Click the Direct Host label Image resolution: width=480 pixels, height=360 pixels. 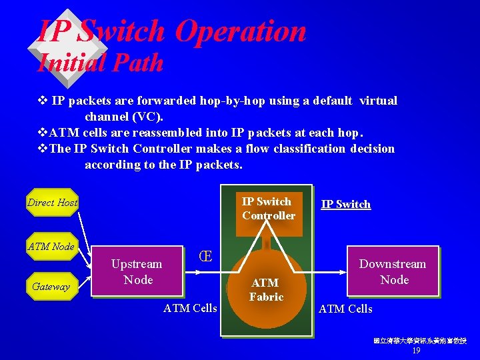point(52,202)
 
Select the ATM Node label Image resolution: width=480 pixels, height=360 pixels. point(51,247)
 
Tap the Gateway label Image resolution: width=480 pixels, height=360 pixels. point(51,286)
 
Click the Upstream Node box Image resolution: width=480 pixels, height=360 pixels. point(137,272)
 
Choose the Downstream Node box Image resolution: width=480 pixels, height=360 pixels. point(393,272)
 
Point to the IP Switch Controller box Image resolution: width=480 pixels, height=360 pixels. point(269,209)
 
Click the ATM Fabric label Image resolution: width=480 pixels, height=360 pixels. point(267,290)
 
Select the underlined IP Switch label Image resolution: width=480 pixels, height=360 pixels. point(346,204)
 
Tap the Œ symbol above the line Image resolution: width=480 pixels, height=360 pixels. point(206,257)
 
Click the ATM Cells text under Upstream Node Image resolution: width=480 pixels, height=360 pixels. point(190,308)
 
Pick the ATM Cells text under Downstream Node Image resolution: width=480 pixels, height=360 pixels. point(345,308)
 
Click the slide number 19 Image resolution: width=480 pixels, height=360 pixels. point(416,351)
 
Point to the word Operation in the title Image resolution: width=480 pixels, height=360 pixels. point(241,31)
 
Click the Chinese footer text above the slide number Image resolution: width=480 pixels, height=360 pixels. point(419,341)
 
